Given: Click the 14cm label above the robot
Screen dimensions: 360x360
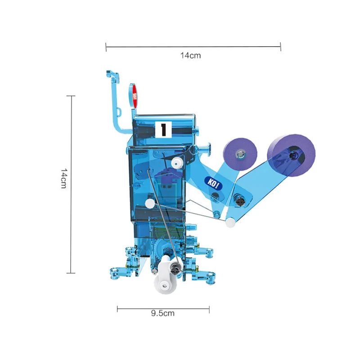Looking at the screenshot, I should (190, 56).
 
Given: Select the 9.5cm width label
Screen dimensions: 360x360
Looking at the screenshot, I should (162, 313).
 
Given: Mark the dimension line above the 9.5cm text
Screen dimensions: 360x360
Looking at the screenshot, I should (163, 308).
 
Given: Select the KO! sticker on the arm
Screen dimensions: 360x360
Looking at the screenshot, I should (211, 182).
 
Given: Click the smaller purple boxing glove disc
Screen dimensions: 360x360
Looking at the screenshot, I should (240, 154).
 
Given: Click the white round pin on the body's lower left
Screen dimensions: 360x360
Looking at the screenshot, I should (149, 203).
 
